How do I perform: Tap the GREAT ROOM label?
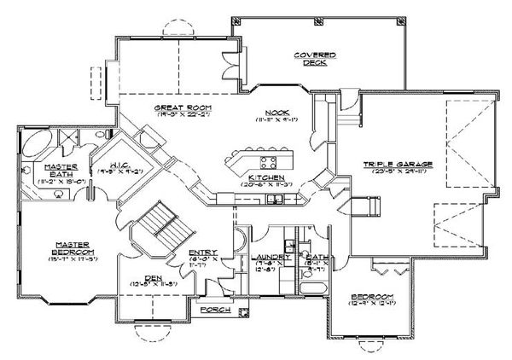point(183,108)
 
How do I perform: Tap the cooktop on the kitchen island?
point(268,160)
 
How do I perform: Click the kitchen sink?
point(276,200)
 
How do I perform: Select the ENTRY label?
point(202,253)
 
